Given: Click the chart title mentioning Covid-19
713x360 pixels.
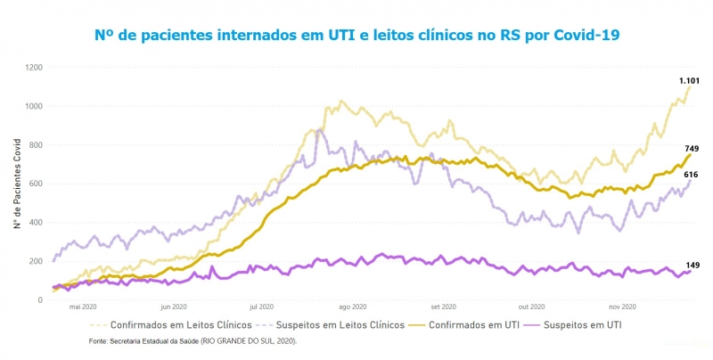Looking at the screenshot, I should pyautogui.click(x=356, y=35).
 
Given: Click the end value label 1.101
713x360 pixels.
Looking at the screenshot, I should pyautogui.click(x=689, y=81).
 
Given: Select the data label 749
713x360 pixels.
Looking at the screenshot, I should pyautogui.click(x=691, y=149).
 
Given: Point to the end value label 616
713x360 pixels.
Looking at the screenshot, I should pyautogui.click(x=691, y=175).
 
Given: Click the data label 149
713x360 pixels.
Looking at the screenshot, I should pyautogui.click(x=693, y=266).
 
